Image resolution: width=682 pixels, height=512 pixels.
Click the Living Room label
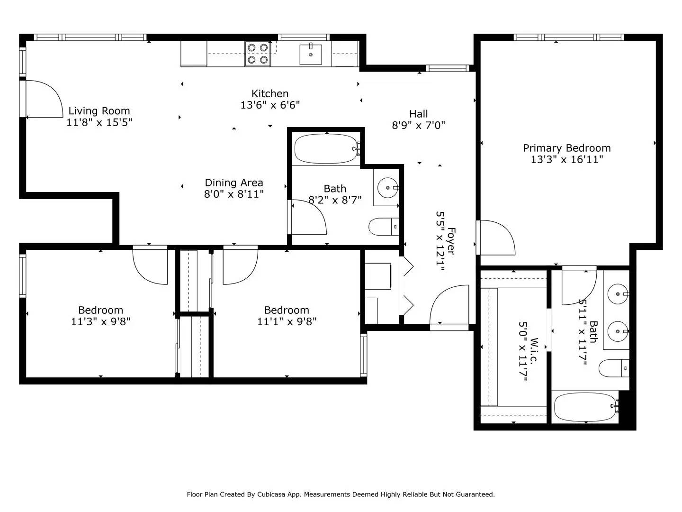click(99, 111)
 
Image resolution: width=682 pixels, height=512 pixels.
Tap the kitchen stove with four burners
click(257, 54)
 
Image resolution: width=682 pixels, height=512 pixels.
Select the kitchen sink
click(311, 54)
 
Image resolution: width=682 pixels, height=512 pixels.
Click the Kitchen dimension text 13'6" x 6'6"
click(270, 105)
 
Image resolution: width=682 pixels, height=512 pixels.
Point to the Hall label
click(418, 114)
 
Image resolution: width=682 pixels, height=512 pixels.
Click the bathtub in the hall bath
click(326, 149)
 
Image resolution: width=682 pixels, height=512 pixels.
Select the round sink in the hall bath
click(388, 188)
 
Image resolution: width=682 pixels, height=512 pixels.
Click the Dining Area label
click(233, 183)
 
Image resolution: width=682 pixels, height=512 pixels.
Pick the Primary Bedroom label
click(566, 148)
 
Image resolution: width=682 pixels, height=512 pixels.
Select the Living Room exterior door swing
click(43, 99)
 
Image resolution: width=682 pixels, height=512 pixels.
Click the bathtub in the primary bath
click(585, 407)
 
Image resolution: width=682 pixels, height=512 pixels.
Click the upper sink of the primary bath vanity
click(618, 294)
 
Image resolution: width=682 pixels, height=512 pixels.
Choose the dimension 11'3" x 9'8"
click(100, 321)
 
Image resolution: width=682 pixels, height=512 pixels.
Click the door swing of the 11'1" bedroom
click(240, 265)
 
